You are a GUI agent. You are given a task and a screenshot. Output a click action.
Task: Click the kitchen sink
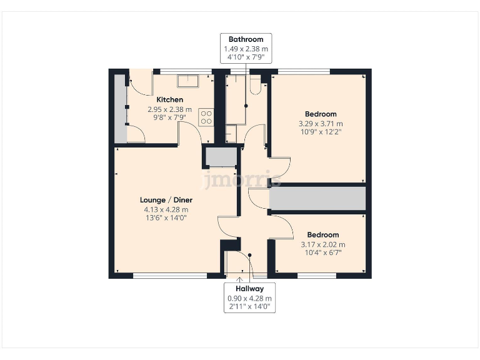coord(187,81)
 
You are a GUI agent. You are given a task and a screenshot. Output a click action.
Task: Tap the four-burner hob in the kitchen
coord(206,117)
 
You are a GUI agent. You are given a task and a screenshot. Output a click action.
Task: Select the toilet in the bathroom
coord(255,86)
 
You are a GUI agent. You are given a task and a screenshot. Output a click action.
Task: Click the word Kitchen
coord(169,99)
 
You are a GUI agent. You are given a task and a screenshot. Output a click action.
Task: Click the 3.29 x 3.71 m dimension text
coord(321,124)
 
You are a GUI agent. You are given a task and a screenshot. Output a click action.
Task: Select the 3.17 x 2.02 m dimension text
coord(322,244)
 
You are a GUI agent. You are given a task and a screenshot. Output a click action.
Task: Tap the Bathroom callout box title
coord(246,39)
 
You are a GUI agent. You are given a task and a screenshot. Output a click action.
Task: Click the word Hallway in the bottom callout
coord(249,289)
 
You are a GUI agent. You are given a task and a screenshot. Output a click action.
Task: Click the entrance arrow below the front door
coord(240,277)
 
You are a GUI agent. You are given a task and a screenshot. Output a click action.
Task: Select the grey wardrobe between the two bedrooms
coord(317,199)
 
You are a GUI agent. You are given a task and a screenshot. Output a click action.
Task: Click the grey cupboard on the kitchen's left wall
coord(119,109)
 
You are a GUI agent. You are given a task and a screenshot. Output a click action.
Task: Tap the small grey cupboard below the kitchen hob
coord(221,157)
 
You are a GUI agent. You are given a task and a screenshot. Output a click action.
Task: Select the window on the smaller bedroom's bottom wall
coord(312,274)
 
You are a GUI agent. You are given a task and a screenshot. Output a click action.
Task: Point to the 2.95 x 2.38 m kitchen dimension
coord(169,109)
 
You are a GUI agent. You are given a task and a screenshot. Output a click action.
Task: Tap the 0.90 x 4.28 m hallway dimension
coord(249,299)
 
